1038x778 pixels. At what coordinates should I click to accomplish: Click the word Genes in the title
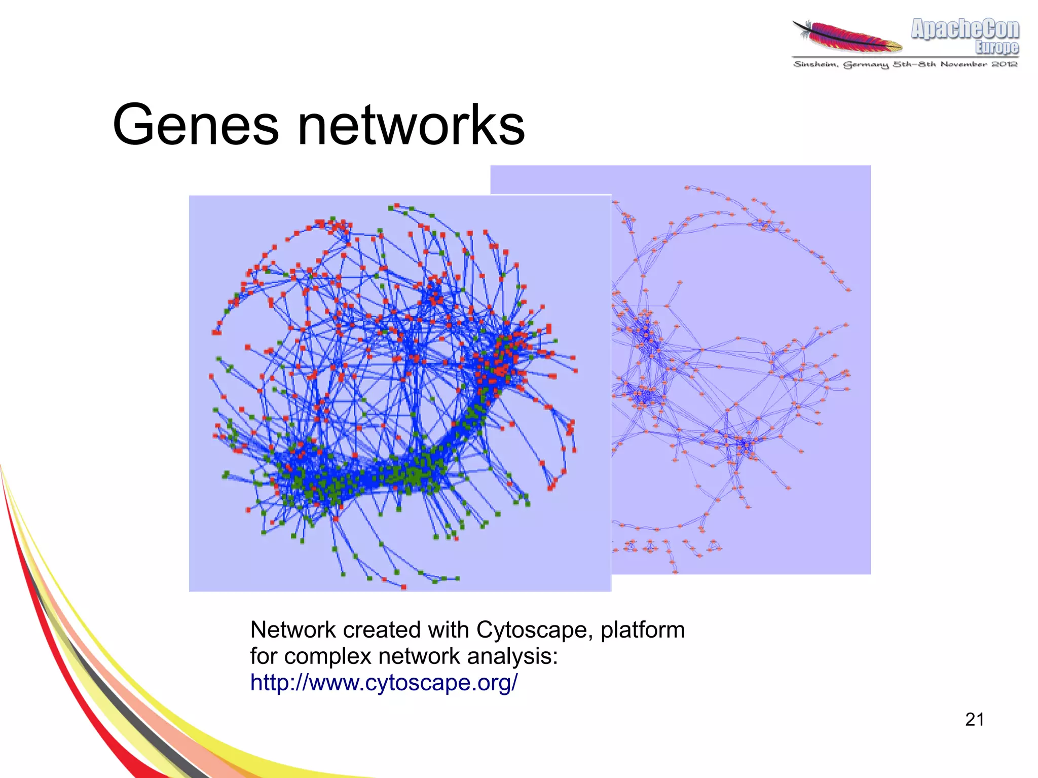coord(195,125)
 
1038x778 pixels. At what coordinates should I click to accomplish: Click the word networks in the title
coord(411,125)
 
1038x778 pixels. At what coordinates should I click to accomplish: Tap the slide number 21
coord(974,719)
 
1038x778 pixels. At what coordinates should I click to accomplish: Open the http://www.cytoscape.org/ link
coord(384,682)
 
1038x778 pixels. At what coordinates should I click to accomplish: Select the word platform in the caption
coord(643,630)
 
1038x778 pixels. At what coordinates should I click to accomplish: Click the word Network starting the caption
coord(293,630)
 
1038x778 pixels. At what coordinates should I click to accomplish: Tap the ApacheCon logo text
coord(965,29)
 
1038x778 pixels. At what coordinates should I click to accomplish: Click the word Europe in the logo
coord(997,47)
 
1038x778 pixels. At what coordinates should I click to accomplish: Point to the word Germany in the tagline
coord(866,64)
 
